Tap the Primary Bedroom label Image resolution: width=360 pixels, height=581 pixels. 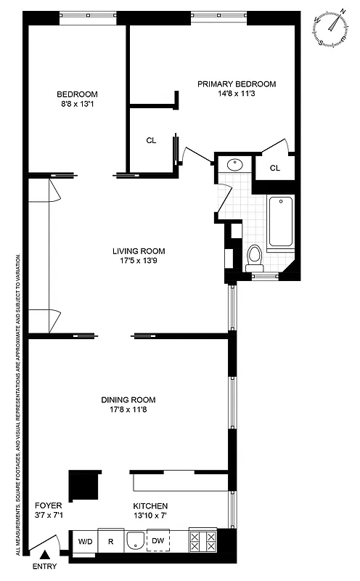pos(237,84)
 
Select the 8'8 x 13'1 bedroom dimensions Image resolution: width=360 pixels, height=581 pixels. pos(77,104)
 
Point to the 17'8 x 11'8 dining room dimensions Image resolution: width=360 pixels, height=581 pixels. pos(128,410)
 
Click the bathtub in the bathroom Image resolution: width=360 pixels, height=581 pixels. pos(280,222)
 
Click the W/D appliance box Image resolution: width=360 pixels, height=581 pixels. pos(85,541)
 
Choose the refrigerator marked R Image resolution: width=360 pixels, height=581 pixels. pos(111,541)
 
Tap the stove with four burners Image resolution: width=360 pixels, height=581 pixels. pos(202,540)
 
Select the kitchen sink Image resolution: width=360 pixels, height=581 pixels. pos(135,541)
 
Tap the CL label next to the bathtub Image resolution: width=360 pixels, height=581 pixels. pos(274,168)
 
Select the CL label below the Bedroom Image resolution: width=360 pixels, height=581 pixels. pos(151,141)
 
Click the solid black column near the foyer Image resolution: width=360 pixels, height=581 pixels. pos(84,484)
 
